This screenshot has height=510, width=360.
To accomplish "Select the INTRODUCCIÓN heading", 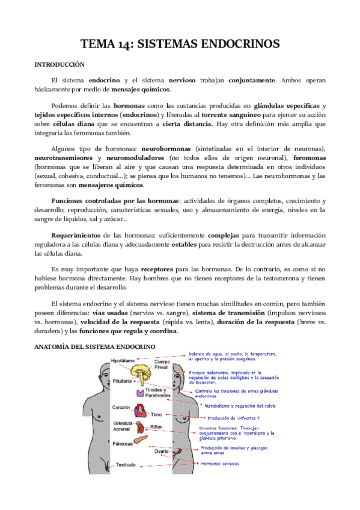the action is (59, 64).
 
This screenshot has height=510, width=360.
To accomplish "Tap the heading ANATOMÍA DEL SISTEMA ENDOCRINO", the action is (95, 347).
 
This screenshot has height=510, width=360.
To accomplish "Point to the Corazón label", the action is (121, 407).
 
